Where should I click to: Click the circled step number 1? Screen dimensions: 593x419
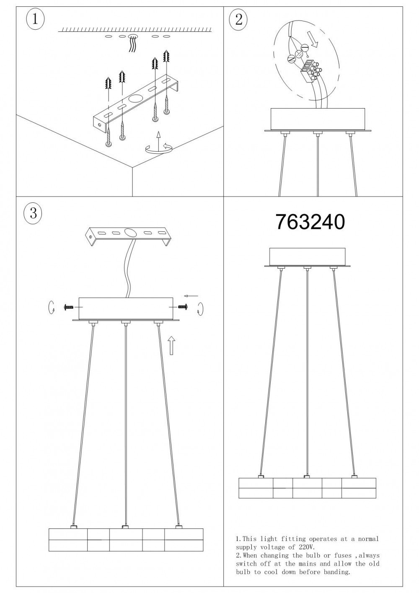point(35,19)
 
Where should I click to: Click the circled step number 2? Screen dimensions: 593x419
point(239,19)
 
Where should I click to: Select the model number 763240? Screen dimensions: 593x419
point(310,222)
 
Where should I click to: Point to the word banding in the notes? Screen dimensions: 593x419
point(334,572)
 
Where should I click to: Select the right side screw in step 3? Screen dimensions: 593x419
point(183,307)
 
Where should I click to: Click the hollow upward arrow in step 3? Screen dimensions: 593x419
point(171,345)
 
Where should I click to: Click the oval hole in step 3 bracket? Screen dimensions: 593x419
point(129,233)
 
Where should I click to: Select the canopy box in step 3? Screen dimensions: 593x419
point(126,308)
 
